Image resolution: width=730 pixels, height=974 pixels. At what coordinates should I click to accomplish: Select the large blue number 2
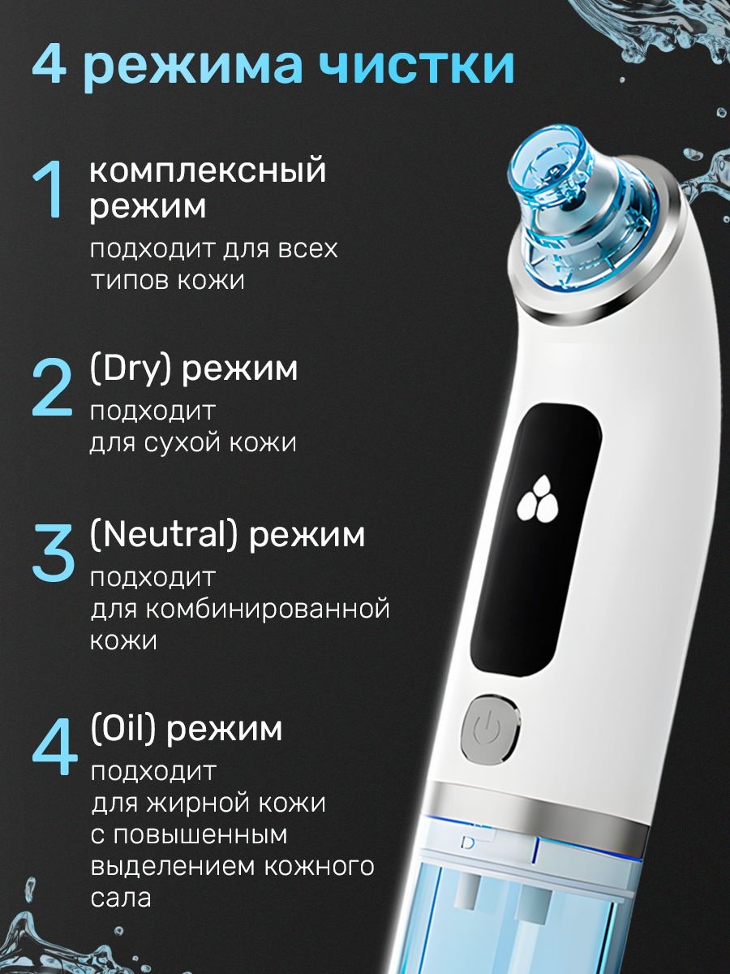pos(52,388)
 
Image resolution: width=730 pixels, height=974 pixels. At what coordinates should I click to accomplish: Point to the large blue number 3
pos(53,554)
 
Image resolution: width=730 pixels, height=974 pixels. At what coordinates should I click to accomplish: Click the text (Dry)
pos(131,368)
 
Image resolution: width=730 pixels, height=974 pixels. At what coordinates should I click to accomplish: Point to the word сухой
pos(188,443)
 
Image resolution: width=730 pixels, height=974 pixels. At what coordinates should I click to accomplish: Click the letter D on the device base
pos(468,843)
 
